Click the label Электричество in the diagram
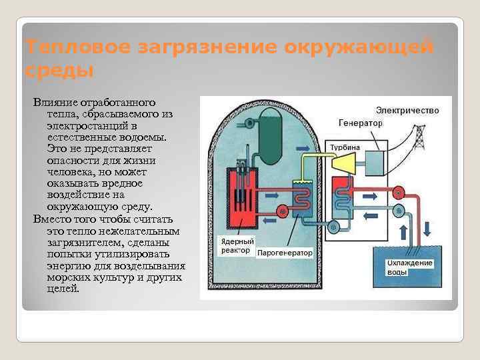[x=407, y=110]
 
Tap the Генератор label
[x=361, y=123]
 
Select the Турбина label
[x=344, y=147]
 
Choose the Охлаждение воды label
[x=411, y=267]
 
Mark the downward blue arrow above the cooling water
[x=427, y=230]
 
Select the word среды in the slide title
[x=59, y=70]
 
